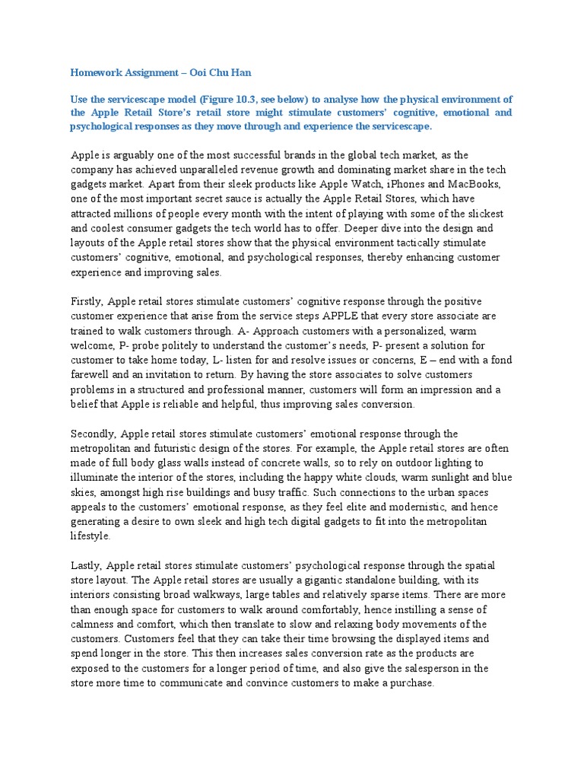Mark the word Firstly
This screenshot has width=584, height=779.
pos(87,302)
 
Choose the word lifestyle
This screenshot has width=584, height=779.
pos(90,536)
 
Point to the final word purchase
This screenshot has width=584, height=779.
pos(411,682)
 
